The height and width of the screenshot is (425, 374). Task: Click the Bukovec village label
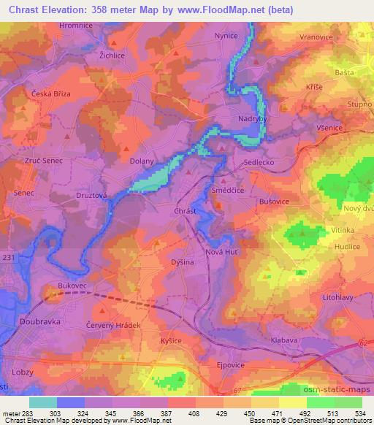coord(73,286)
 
